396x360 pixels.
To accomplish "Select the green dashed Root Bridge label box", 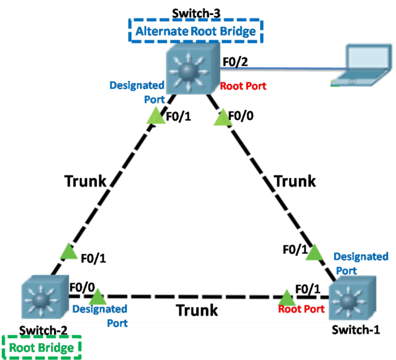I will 42,346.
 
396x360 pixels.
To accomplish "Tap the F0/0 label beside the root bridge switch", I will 82,288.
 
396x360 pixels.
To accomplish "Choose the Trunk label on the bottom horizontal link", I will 197,309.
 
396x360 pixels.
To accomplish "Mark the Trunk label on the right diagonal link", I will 294,181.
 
